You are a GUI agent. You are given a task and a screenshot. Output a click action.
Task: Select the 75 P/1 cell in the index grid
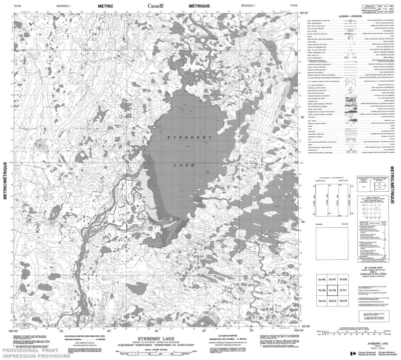343,290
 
